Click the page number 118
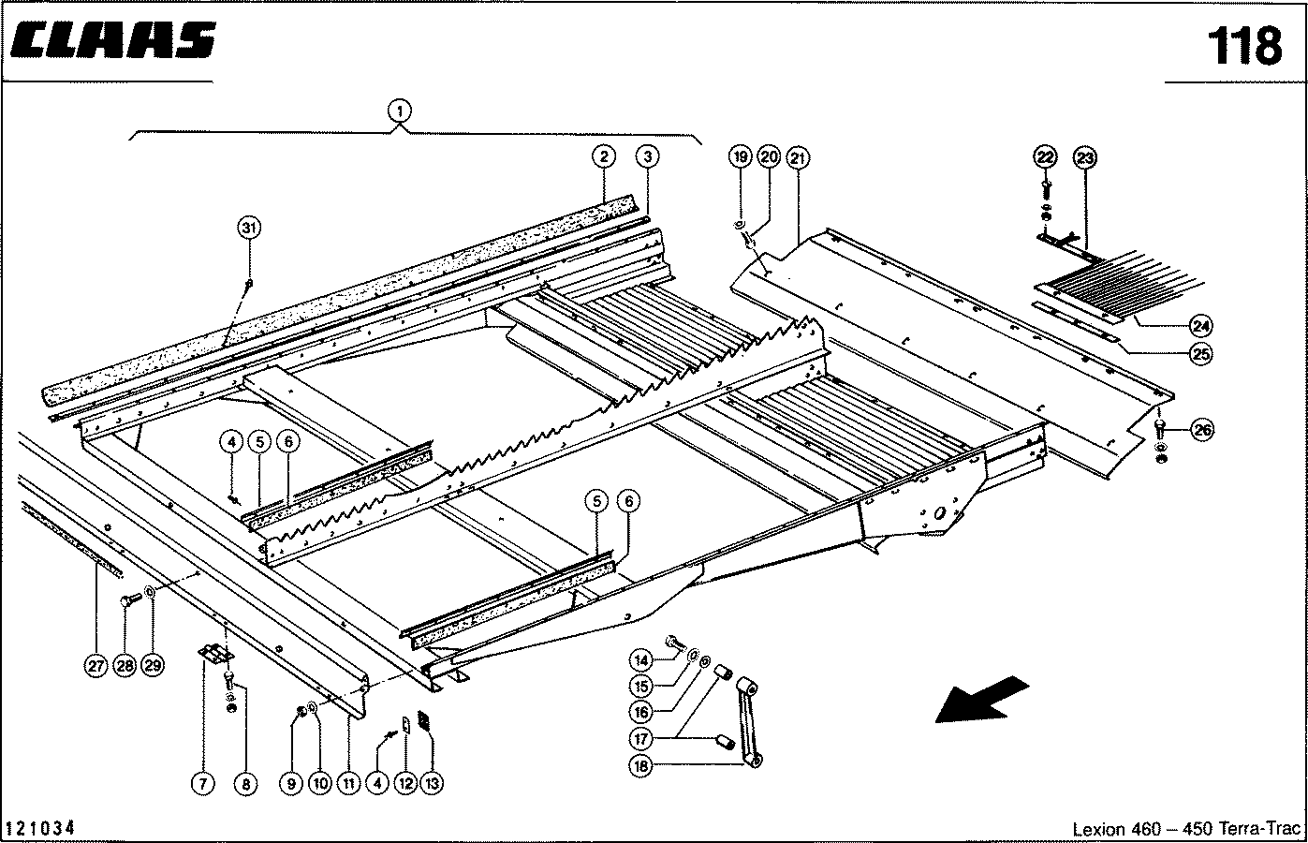coord(1243,45)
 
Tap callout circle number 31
coord(248,228)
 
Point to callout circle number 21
coord(798,156)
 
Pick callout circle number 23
coord(1084,156)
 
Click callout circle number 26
coord(1202,430)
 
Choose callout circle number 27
coord(96,666)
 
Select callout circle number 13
coord(433,783)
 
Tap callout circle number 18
coord(641,765)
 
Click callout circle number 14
coord(641,659)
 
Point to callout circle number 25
coord(1201,353)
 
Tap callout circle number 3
coord(646,155)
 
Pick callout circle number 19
coord(740,156)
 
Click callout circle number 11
coord(348,783)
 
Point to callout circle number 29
coord(153,666)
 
